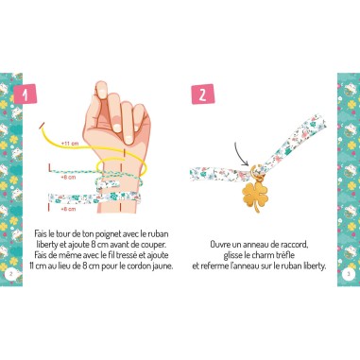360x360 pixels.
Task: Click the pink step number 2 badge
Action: point(200,94)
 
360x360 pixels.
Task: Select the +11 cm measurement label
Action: point(68,143)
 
